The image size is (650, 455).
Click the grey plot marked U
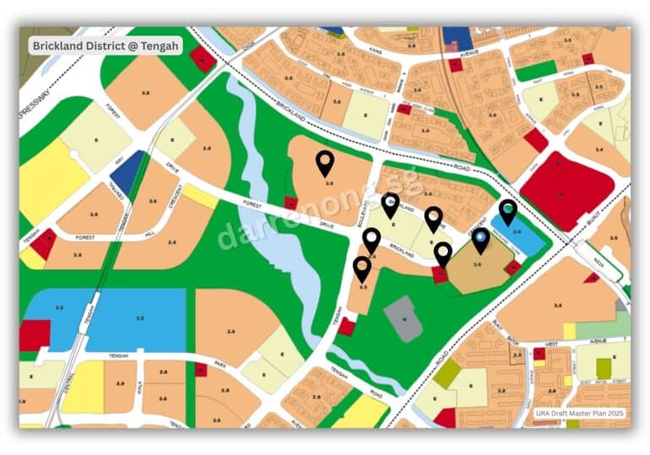[x=403, y=319]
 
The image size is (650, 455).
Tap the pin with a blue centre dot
[x=480, y=241]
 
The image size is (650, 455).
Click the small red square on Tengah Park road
[x=201, y=370]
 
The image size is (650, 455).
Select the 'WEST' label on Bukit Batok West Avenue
[x=551, y=344]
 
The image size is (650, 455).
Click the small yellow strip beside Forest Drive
[x=201, y=196]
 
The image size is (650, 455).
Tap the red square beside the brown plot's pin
[x=440, y=274]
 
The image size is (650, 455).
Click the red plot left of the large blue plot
[x=35, y=335]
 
